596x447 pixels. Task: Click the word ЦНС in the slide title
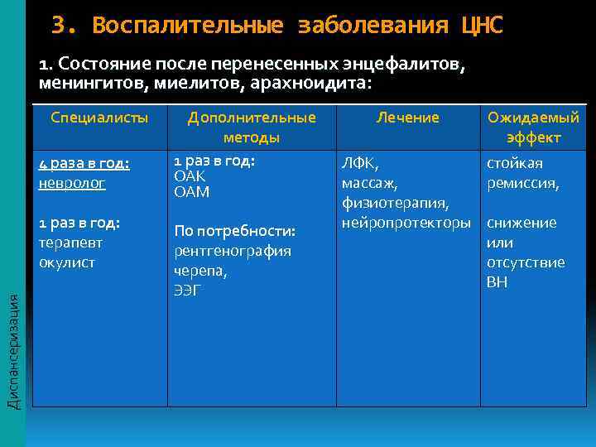tap(481, 26)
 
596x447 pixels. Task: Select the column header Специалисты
tap(99, 118)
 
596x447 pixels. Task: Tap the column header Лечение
tap(407, 118)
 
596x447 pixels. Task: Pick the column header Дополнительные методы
tap(251, 127)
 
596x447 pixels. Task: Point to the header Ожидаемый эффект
tap(533, 127)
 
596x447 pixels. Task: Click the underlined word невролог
tap(72, 183)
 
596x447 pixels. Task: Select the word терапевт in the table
tap(67, 243)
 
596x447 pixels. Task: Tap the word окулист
tap(67, 262)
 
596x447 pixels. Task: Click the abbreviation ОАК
tap(190, 176)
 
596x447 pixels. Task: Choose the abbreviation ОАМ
tap(191, 191)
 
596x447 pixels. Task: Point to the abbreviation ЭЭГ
tap(188, 290)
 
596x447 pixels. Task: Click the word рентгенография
tap(232, 250)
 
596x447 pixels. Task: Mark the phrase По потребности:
tap(234, 230)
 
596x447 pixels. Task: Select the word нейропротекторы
tap(406, 223)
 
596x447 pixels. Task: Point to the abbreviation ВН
tap(497, 282)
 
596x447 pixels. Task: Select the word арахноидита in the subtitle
tap(306, 83)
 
